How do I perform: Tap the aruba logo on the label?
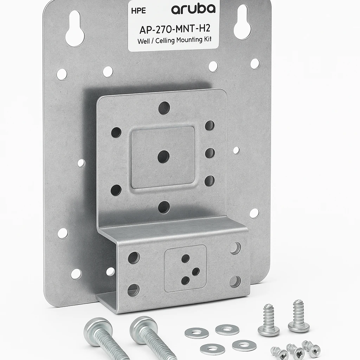pyautogui.click(x=193, y=9)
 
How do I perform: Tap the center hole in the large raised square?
pyautogui.click(x=163, y=156)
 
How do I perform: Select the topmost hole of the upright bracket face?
pyautogui.click(x=164, y=108)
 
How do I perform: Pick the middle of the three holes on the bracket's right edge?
pyautogui.click(x=210, y=153)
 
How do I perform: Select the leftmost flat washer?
pyautogui.click(x=197, y=333)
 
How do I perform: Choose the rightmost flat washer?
pyautogui.click(x=244, y=345)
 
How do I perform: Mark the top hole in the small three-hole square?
pyautogui.click(x=185, y=258)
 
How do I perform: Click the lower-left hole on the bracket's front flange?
pyautogui.click(x=133, y=290)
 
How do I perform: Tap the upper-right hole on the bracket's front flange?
pyautogui.click(x=235, y=248)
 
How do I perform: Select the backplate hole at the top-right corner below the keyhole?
pyautogui.click(x=255, y=64)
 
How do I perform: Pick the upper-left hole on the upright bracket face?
pyautogui.click(x=116, y=132)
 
